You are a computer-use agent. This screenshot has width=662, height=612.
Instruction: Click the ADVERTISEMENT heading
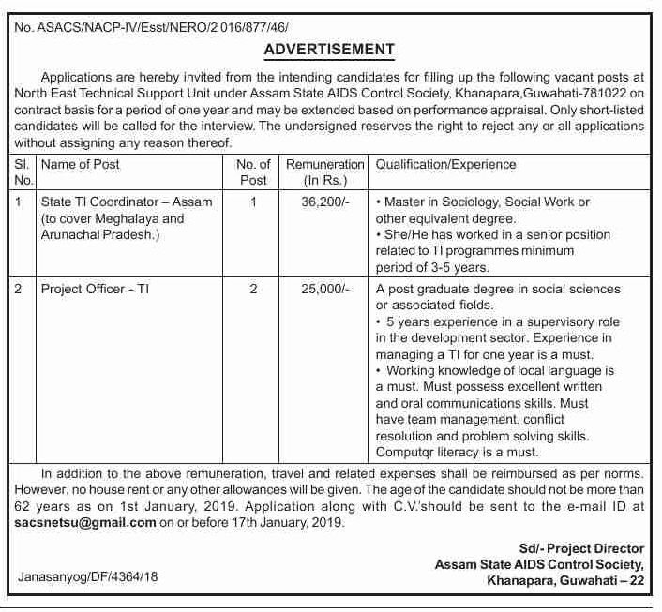[329, 50]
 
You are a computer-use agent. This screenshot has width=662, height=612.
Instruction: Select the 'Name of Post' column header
[81, 164]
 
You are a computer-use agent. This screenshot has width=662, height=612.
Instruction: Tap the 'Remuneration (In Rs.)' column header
[324, 172]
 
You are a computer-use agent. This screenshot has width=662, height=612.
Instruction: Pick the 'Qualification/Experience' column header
[445, 164]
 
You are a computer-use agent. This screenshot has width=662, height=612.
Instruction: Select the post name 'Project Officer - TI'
[95, 290]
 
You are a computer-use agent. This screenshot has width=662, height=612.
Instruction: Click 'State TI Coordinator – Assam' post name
[127, 202]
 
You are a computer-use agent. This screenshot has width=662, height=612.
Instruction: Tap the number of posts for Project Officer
[253, 290]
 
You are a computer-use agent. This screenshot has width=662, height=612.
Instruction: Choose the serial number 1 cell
[22, 202]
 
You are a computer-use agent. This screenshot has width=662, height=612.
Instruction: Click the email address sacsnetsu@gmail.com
[86, 523]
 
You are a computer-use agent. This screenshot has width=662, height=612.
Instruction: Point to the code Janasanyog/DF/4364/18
[88, 577]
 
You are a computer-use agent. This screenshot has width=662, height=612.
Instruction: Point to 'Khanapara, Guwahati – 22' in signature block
[565, 581]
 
